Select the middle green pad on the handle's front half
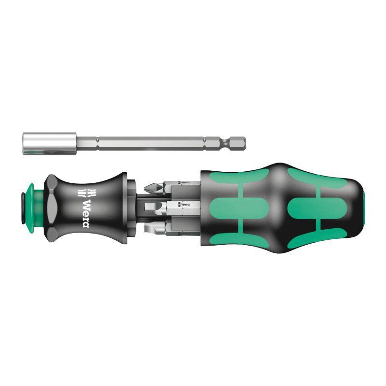(229, 208)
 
